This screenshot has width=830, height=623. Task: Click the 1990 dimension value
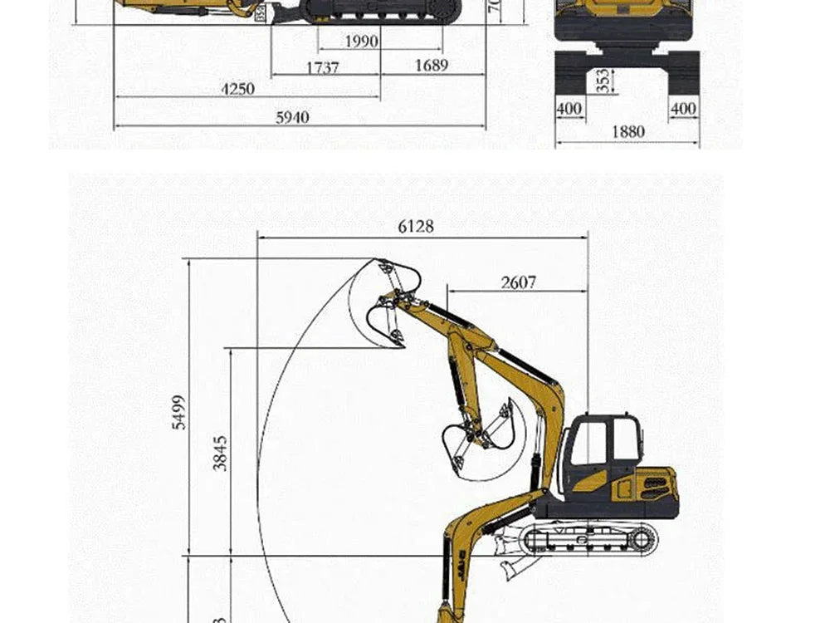point(360,42)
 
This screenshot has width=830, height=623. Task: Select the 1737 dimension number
point(322,67)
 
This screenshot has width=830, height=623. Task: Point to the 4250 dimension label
point(237,89)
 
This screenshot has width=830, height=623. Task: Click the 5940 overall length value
point(292,118)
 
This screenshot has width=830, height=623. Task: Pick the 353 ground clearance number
point(604,81)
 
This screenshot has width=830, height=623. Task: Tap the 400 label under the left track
point(569,109)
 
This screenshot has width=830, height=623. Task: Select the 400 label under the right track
point(683,109)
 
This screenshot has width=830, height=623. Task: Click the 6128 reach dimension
point(416,226)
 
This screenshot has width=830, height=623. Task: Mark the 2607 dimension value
point(518,282)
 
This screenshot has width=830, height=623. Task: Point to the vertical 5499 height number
point(180,412)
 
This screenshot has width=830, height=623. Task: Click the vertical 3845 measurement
point(220,454)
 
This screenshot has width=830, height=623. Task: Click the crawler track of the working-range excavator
point(589,539)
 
